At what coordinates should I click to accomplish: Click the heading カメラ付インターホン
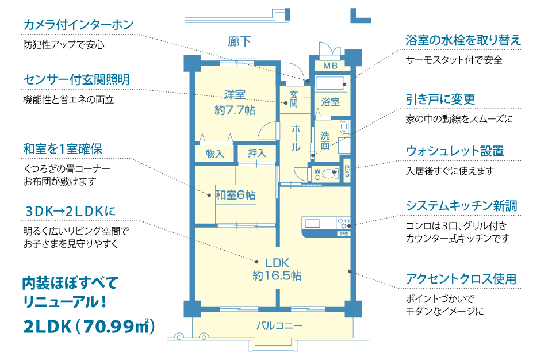79,25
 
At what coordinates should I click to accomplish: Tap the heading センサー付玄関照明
76,80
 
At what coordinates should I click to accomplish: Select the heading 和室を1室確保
63,149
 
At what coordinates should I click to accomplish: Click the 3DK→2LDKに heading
70,211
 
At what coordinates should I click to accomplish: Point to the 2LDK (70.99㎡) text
89,327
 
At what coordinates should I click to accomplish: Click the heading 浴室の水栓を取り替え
463,40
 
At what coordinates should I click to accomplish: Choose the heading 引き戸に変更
440,99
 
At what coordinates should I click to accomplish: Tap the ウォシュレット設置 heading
455,151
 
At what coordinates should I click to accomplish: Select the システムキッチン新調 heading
461,206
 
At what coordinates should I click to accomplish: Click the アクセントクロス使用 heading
461,279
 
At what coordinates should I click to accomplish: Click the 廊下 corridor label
239,41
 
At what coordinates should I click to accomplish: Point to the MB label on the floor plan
330,66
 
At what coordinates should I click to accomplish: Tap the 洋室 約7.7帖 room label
235,102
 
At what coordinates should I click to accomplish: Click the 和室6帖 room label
236,195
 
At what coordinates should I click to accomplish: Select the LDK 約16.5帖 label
277,269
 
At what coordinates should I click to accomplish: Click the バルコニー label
279,325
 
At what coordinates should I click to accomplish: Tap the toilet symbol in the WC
329,173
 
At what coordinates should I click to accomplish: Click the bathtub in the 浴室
330,83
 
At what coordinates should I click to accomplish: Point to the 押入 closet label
256,153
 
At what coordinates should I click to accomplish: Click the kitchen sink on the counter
312,223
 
